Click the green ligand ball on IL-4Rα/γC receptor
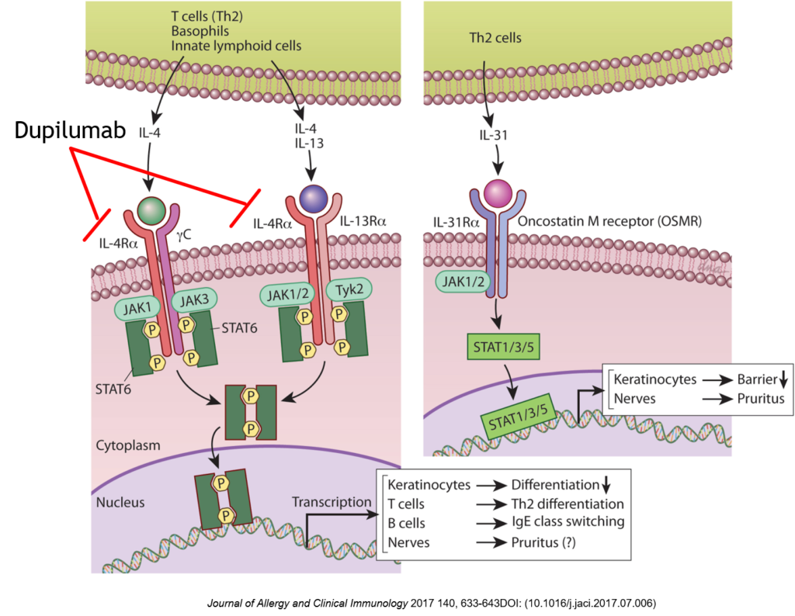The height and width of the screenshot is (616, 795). (151, 209)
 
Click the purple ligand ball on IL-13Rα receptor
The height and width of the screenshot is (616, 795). (314, 199)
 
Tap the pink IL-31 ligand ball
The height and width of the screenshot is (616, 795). (497, 192)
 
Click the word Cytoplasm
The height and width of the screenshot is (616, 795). (128, 445)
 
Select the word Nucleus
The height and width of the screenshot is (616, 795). (120, 502)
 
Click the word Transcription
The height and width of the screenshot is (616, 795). (332, 502)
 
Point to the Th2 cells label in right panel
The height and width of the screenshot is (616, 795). (495, 37)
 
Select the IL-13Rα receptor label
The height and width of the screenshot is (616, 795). (363, 223)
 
